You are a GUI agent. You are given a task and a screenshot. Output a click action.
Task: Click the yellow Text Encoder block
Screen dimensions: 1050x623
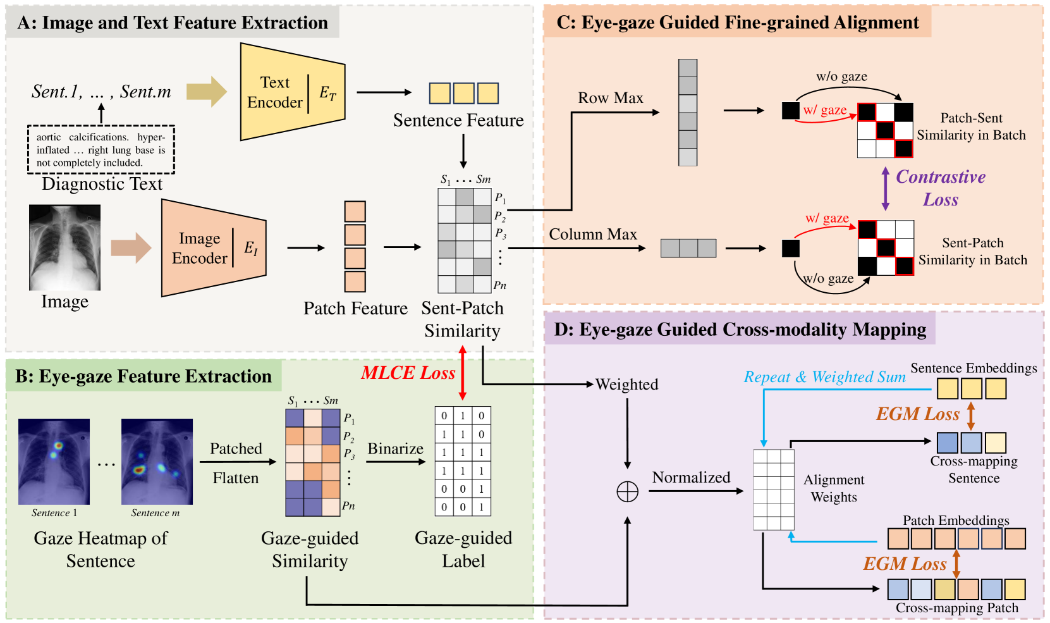(x=293, y=92)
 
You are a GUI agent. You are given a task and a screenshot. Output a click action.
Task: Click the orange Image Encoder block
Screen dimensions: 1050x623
(x=214, y=248)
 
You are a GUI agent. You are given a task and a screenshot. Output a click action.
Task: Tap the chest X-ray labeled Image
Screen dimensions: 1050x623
(x=64, y=247)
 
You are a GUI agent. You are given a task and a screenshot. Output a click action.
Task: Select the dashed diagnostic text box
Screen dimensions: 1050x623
(x=101, y=150)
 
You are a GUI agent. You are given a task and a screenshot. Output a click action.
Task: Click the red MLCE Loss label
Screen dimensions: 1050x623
(x=408, y=373)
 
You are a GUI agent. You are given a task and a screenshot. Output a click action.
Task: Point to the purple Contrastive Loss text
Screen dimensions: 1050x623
(x=940, y=188)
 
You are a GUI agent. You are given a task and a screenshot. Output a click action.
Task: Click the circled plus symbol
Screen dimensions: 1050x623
(x=627, y=491)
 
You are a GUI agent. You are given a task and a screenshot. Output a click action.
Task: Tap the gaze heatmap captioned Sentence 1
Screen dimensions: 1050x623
(x=54, y=462)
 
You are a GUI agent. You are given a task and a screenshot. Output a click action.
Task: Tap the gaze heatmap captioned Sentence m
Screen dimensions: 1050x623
(x=157, y=462)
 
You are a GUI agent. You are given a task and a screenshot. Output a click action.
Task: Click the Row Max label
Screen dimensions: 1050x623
(x=610, y=98)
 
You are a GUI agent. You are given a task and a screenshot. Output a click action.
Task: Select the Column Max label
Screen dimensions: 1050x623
(x=593, y=234)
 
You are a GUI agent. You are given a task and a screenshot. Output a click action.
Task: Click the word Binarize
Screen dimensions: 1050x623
(x=395, y=449)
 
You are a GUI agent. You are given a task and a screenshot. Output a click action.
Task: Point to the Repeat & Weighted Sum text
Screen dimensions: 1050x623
(x=824, y=377)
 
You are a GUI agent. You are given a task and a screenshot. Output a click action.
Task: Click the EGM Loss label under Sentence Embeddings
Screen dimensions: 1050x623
(x=918, y=414)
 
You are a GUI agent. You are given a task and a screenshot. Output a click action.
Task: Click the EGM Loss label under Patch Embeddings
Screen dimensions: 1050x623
(x=905, y=564)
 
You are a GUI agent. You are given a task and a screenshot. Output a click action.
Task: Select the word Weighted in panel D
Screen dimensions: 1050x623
(x=626, y=385)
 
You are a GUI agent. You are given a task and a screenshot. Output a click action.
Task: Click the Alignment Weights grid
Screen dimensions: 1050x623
(x=774, y=490)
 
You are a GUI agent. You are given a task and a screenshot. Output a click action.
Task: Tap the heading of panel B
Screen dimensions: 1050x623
(x=143, y=376)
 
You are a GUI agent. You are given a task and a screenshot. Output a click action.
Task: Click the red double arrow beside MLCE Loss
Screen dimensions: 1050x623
(x=463, y=373)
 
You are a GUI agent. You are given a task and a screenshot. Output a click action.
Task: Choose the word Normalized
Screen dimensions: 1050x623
(x=691, y=478)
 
